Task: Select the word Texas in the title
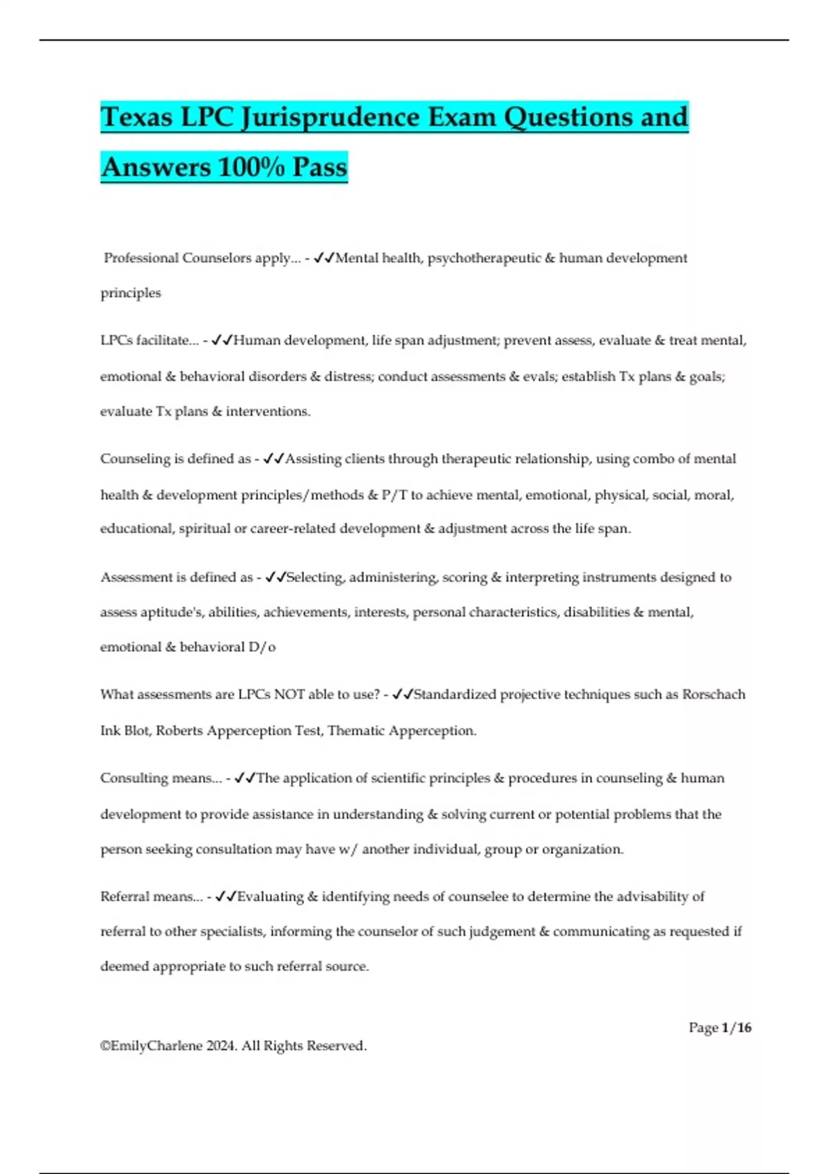coord(137,117)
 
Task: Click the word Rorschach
coord(714,695)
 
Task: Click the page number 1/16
coord(736,1028)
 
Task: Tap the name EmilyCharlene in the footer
coord(156,1046)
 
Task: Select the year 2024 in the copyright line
coord(221,1046)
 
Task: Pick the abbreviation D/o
coord(262,647)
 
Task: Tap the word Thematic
coord(355,731)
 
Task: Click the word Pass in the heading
coord(319,168)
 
